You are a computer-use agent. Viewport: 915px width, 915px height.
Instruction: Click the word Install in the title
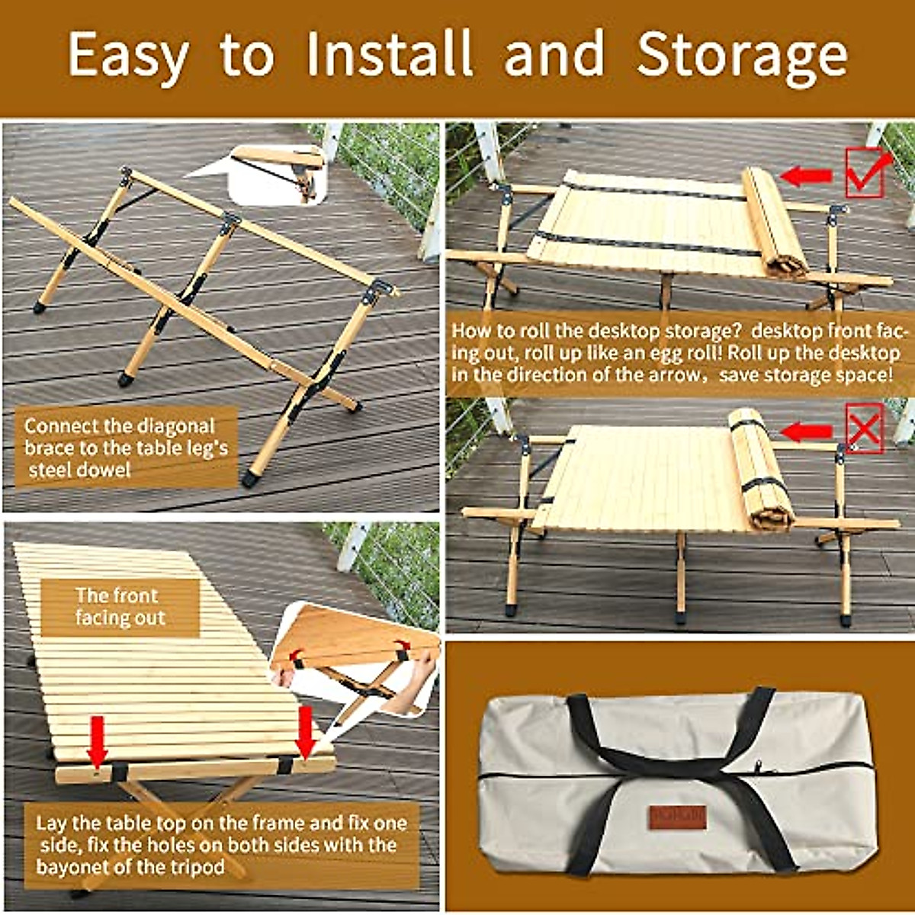tap(389, 55)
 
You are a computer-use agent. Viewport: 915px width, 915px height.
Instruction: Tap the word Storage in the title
tap(742, 55)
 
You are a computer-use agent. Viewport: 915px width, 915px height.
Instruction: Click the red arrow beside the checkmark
tap(807, 177)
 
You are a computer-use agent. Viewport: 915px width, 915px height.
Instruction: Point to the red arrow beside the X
tap(807, 432)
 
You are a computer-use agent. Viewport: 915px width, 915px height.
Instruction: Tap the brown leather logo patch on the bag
tap(678, 817)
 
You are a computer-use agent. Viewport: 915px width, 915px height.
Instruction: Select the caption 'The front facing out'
tap(118, 607)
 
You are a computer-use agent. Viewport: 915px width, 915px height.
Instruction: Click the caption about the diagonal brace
tap(126, 448)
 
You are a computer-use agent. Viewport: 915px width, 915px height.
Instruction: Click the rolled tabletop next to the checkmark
tap(774, 223)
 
